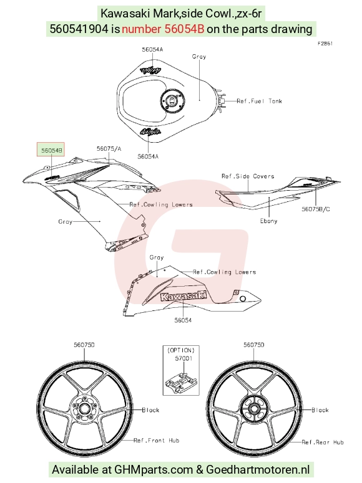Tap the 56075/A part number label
point(109,149)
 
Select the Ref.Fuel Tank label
point(259,101)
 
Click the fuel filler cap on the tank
point(172,101)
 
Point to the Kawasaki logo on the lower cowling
point(183,296)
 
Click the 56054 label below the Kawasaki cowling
point(183,320)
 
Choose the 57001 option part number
point(183,358)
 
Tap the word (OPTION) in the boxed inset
point(181,350)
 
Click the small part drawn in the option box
point(180,382)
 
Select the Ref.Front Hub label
point(157,441)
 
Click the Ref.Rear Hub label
point(323,442)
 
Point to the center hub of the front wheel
point(84,409)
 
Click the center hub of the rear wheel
point(254,409)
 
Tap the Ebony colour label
point(268,221)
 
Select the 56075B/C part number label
point(316,209)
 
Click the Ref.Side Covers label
point(248,176)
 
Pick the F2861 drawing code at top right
point(325,44)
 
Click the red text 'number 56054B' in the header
point(163,29)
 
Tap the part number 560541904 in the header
point(79,29)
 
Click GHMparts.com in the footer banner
point(154,469)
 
